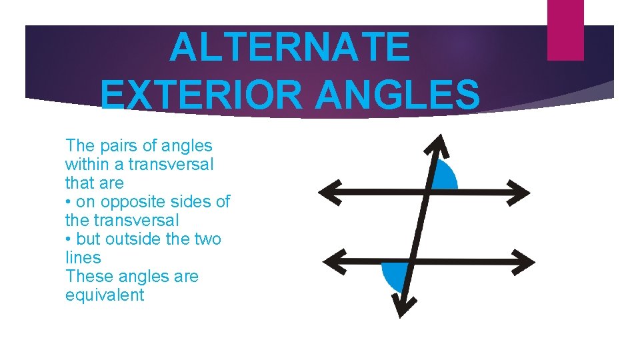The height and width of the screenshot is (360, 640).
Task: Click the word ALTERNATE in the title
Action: tap(289, 48)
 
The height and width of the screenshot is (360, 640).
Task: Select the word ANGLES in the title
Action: tap(397, 95)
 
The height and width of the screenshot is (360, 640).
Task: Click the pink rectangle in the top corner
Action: tap(565, 29)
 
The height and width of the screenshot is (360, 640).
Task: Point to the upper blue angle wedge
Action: tap(445, 177)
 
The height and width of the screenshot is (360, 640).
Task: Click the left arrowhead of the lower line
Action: tap(329, 261)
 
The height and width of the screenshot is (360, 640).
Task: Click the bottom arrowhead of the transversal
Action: tap(401, 305)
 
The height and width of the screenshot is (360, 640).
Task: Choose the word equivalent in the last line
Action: tap(105, 295)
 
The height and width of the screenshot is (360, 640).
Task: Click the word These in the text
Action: tap(85, 276)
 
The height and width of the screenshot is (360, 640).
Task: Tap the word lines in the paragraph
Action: tap(83, 257)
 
